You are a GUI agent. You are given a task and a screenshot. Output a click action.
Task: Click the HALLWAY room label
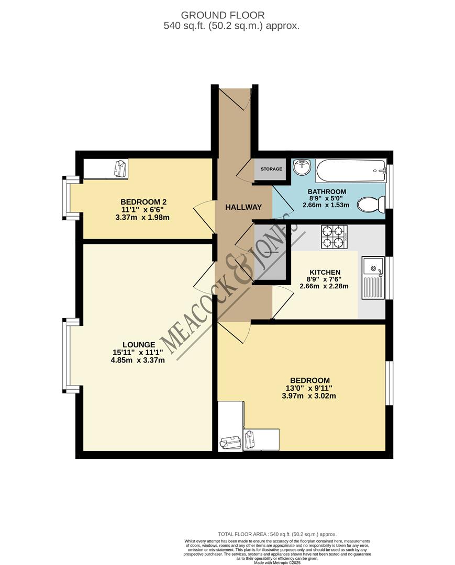point(243,207)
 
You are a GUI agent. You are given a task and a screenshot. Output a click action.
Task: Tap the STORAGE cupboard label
point(271,169)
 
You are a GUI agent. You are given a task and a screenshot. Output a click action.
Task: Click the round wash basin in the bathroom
point(302,168)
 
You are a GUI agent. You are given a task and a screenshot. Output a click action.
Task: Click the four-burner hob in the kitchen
point(334,236)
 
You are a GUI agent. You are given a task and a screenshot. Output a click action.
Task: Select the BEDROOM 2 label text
point(143,202)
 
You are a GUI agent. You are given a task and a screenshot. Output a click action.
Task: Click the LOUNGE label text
point(139,345)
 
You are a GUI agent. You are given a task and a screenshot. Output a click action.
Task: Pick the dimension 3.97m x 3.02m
point(310,396)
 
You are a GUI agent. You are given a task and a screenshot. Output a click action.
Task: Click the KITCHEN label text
point(325,273)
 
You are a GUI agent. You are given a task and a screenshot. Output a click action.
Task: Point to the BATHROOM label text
point(327,191)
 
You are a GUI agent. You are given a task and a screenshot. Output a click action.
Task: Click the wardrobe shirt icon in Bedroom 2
point(120,168)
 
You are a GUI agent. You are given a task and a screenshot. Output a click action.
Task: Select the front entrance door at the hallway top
point(234,98)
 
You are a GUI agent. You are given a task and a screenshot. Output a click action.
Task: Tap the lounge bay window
point(66,355)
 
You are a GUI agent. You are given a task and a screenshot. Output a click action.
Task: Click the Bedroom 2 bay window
point(66,198)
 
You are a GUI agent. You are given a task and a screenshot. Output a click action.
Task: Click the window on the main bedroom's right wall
point(389,383)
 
